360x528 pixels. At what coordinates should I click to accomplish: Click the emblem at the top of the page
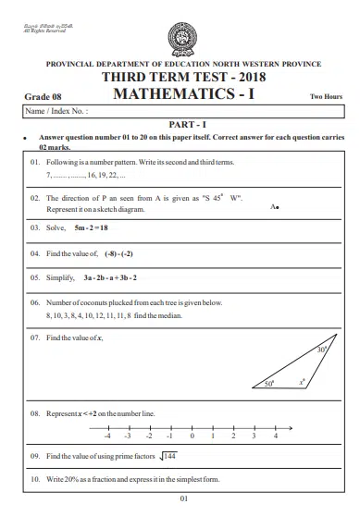click(x=180, y=36)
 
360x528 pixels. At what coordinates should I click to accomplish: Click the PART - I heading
click(x=180, y=124)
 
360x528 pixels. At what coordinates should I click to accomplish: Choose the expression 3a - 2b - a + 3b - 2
click(x=109, y=276)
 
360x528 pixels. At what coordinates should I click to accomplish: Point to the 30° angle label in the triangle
click(x=321, y=350)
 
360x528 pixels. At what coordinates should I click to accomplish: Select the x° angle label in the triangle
click(x=301, y=380)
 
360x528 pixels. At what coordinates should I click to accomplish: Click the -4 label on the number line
click(x=108, y=435)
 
